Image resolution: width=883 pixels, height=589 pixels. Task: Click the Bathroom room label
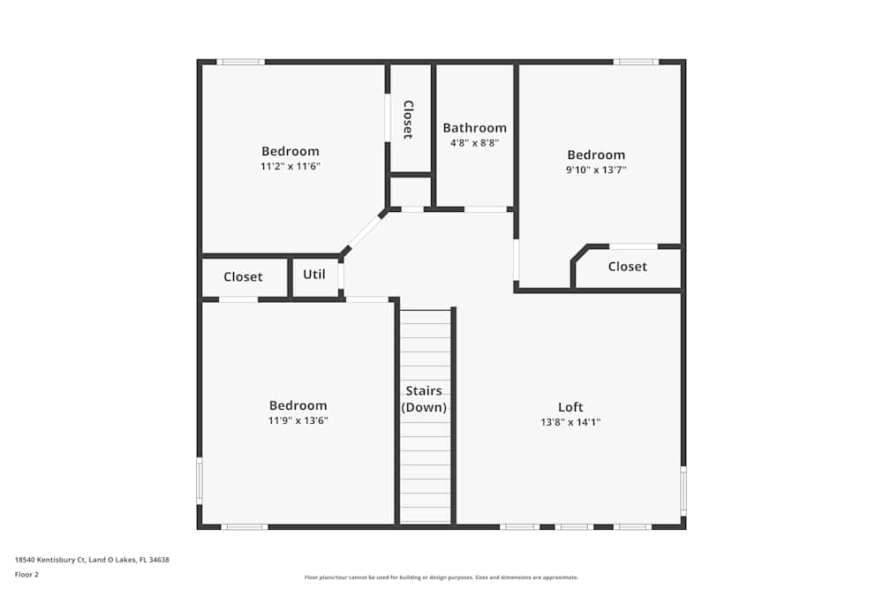point(475,128)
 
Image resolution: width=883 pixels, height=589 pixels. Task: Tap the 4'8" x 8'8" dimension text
point(475,143)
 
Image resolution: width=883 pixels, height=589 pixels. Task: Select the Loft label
point(570,406)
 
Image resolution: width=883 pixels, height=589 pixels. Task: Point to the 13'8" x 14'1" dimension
point(570,422)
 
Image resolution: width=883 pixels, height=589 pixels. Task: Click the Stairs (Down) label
point(424,398)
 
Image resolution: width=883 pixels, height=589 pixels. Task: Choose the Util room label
point(314,275)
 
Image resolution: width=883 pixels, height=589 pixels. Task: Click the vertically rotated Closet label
point(408,119)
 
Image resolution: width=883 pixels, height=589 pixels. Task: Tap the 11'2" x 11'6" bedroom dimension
point(290,166)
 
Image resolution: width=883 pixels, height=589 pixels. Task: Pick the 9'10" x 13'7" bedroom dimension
point(596,170)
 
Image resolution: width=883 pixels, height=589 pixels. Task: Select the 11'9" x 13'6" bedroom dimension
point(298,420)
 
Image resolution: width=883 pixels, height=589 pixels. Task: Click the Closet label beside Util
point(243,276)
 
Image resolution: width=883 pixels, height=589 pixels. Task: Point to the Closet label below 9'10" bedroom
point(627,267)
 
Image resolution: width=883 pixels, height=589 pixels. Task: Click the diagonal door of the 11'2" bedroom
point(365,232)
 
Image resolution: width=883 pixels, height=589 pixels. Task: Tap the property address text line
point(92,560)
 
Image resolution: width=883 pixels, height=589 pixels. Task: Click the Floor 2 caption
point(26,574)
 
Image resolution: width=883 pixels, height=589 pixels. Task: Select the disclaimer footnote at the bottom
point(441,578)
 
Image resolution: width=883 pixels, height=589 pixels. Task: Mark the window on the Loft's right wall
point(683,490)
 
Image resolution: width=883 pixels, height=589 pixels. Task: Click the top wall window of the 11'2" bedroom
point(240,62)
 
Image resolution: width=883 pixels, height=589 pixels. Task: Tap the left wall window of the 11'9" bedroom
point(200,480)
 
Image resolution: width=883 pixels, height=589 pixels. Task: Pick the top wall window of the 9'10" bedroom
point(636,62)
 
